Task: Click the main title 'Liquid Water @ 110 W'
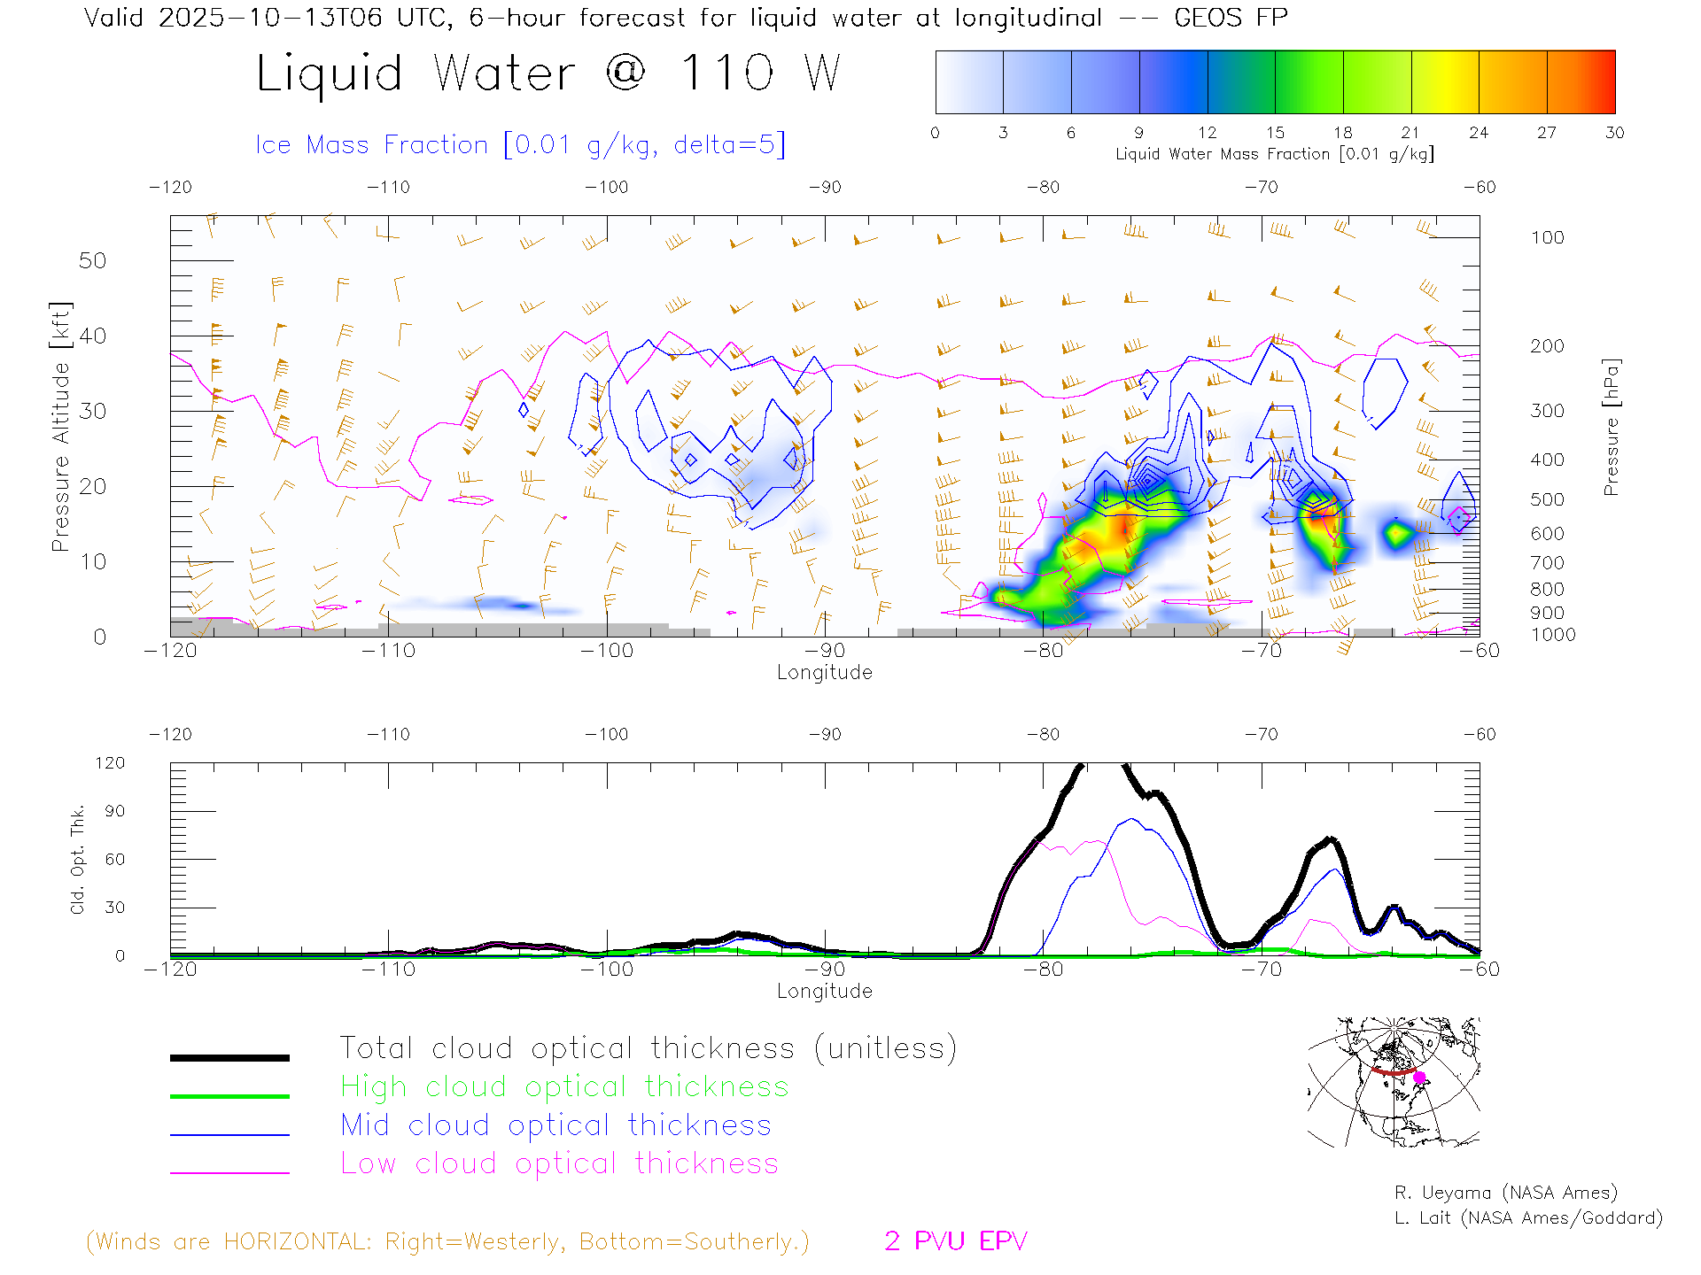548,73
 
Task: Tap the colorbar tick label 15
1275,133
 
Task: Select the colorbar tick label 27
1547,133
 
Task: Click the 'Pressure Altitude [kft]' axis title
60,427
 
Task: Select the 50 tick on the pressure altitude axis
92,260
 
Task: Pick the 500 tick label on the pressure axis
1547,499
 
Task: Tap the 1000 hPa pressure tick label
1553,635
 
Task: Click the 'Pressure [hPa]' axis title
1612,427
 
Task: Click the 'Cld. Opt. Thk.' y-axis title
78,859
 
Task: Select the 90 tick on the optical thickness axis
115,811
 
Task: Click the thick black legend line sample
229,1057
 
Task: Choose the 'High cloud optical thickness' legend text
564,1086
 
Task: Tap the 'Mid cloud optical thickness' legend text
555,1125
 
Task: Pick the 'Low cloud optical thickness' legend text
559,1163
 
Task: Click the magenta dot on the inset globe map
1419,1078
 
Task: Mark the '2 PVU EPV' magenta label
955,1241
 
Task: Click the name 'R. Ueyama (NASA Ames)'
1505,1193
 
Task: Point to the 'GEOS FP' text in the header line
1231,17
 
